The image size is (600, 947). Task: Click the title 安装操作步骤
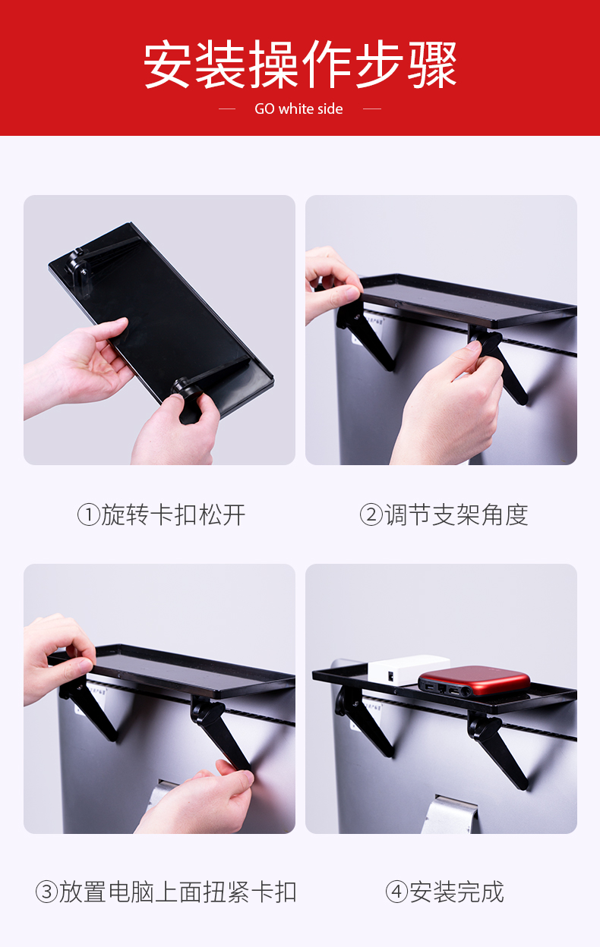click(300, 64)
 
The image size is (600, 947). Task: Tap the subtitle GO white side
click(298, 109)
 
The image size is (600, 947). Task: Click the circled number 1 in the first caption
click(88, 514)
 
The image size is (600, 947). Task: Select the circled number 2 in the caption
click(371, 514)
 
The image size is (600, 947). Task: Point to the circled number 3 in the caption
click(46, 892)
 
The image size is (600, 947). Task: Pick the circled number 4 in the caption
click(396, 892)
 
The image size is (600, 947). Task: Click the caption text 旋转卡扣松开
click(173, 514)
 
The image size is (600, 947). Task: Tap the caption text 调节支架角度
click(456, 514)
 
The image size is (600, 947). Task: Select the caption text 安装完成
click(456, 892)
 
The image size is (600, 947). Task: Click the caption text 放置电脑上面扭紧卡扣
click(178, 892)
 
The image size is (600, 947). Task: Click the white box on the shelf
click(409, 669)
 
